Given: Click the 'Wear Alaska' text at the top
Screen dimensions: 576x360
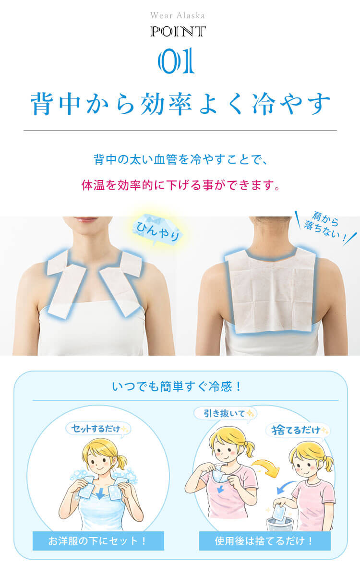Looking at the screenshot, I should (178, 16).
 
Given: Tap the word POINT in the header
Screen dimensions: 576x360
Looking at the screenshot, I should (178, 32).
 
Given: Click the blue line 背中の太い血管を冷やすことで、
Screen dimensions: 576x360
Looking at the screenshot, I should (180, 159).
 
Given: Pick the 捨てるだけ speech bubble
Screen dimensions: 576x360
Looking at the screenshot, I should (297, 430).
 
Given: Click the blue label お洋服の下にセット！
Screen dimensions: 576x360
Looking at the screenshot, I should (98, 541).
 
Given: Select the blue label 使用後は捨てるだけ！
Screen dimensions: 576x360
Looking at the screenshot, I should (264, 541).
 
